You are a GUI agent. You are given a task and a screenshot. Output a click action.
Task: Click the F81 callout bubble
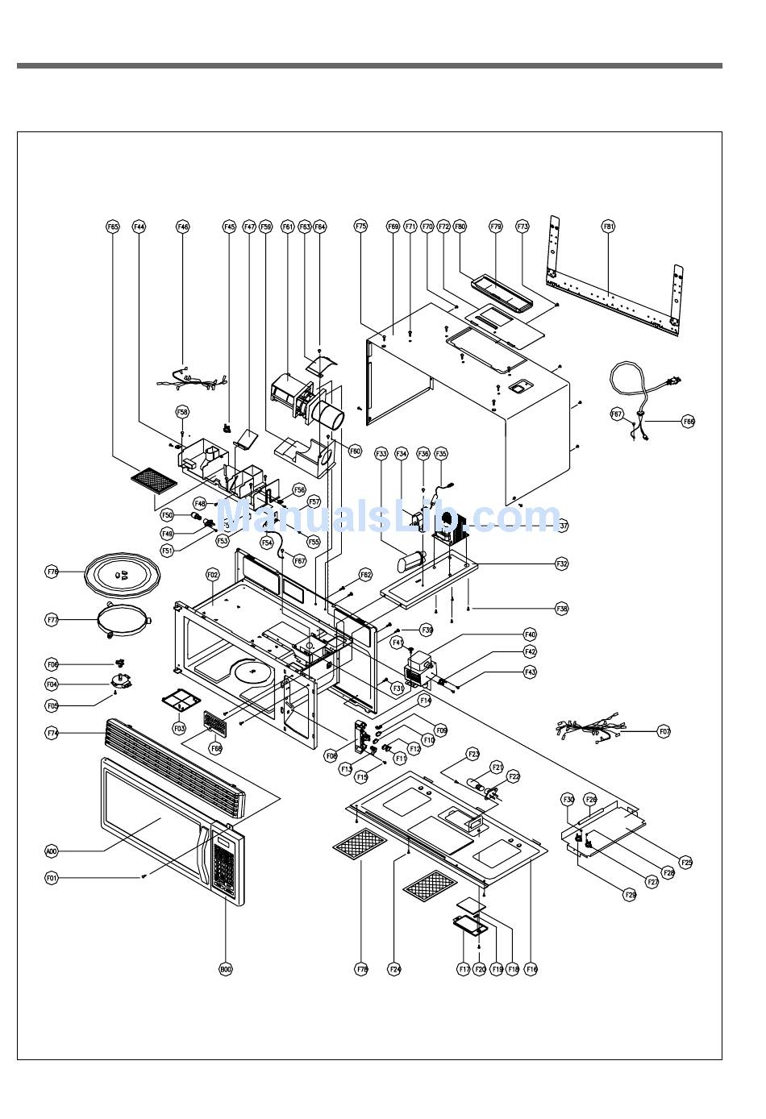tap(609, 227)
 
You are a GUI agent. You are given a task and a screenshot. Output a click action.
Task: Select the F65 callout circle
tap(113, 227)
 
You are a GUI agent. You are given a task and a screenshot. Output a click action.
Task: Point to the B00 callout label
tap(226, 970)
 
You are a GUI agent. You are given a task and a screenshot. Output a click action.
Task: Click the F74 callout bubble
tap(52, 733)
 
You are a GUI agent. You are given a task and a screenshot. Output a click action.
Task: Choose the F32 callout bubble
tap(562, 564)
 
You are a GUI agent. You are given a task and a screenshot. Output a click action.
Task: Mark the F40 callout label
tap(530, 634)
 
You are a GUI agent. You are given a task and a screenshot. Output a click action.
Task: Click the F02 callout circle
tap(213, 575)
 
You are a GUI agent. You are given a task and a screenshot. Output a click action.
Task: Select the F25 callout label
tap(686, 862)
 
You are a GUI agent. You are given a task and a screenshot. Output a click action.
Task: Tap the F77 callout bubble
tap(52, 620)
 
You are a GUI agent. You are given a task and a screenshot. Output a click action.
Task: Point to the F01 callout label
tap(52, 877)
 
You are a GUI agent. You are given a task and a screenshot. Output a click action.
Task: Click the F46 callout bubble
tap(183, 227)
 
